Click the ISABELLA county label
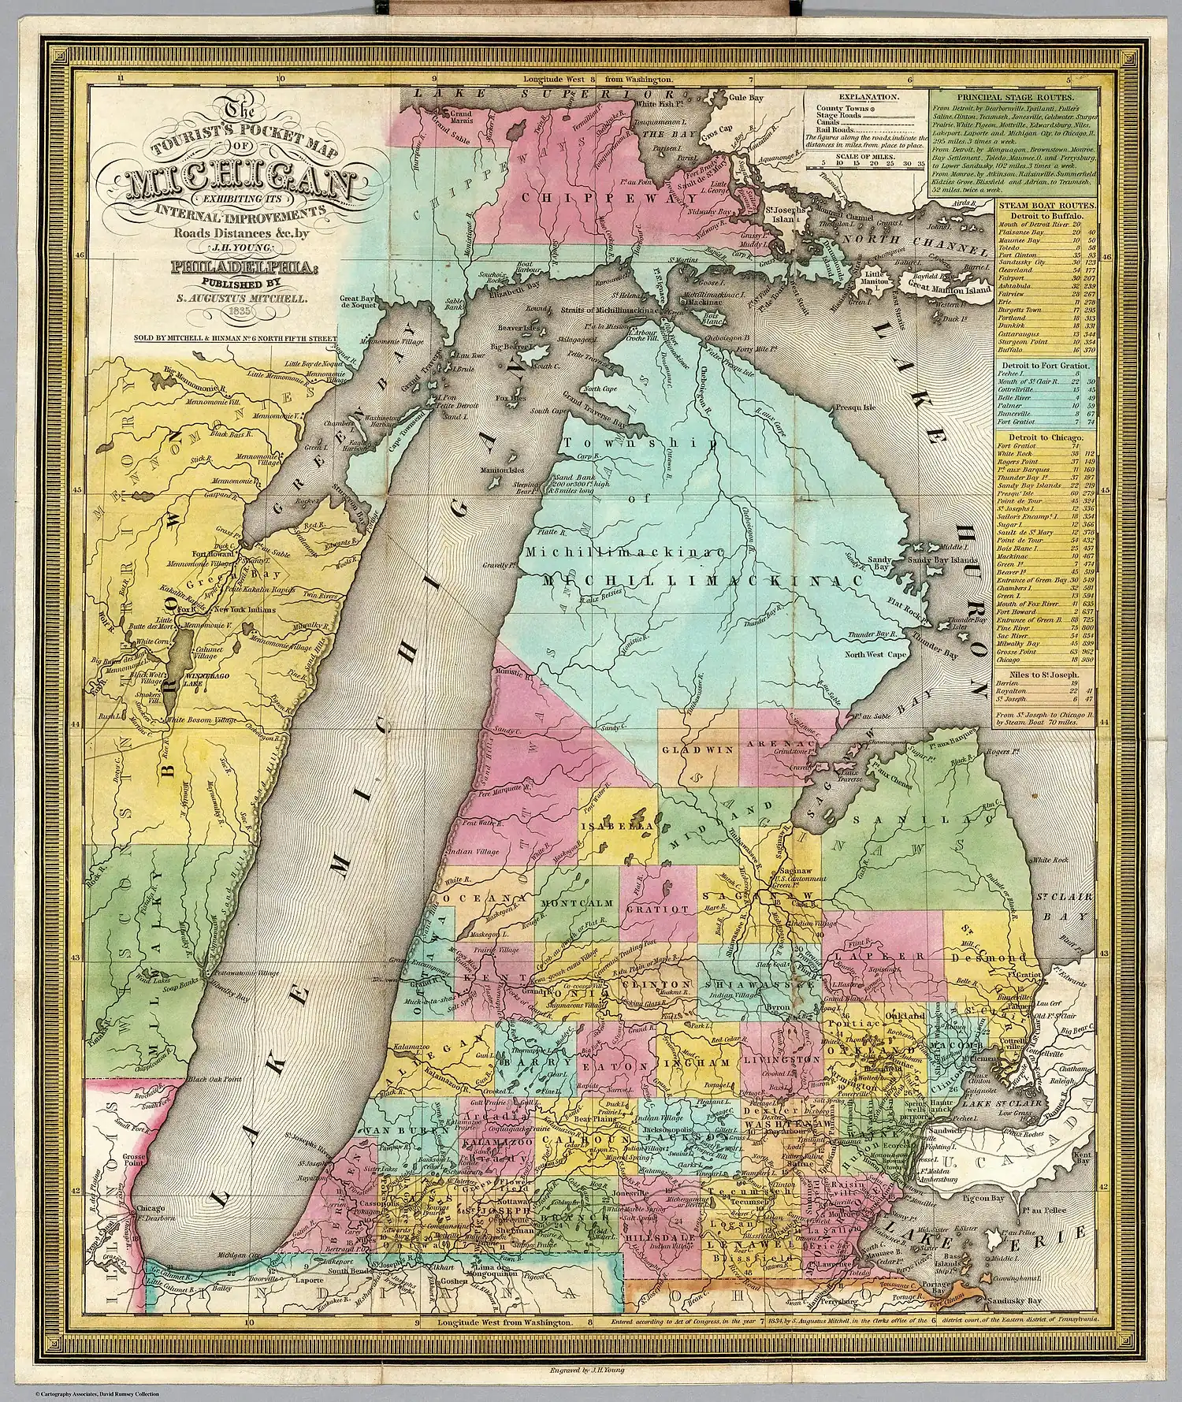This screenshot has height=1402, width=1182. click(617, 826)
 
